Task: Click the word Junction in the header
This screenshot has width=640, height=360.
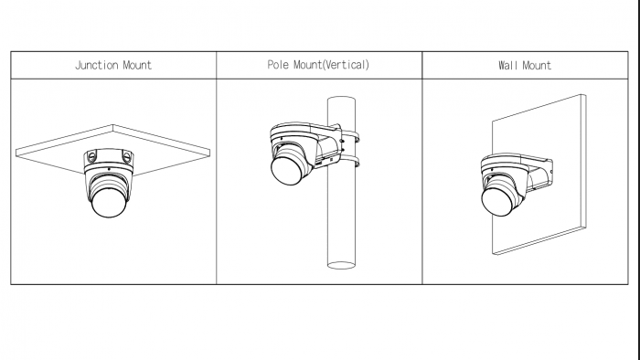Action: pyautogui.click(x=96, y=65)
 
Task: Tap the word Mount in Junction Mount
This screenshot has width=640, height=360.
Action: pyautogui.click(x=137, y=65)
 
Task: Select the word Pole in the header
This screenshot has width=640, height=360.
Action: pyautogui.click(x=278, y=65)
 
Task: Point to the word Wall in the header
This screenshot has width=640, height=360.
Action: pyautogui.click(x=507, y=65)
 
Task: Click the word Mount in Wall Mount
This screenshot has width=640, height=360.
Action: pyautogui.click(x=537, y=65)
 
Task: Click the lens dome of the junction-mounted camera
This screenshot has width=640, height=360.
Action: pyautogui.click(x=109, y=202)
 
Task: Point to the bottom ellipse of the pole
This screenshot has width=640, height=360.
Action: pyautogui.click(x=341, y=265)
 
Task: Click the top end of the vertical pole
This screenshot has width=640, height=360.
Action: pyautogui.click(x=341, y=100)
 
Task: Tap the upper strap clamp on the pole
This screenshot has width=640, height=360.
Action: pyautogui.click(x=350, y=136)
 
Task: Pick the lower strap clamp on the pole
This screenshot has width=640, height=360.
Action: pyautogui.click(x=350, y=162)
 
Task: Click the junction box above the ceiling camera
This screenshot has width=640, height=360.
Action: pyautogui.click(x=109, y=157)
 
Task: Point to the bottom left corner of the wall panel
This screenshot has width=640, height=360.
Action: pyautogui.click(x=493, y=253)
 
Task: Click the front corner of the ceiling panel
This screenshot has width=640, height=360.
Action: pyautogui.click(x=113, y=125)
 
